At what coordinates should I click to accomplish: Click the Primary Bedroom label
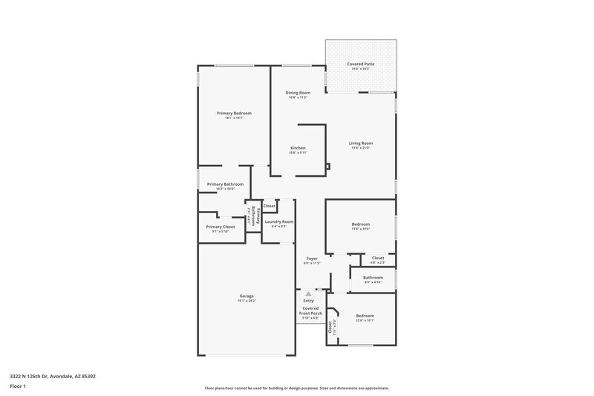coord(234,113)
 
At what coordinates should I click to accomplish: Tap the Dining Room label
coord(298,93)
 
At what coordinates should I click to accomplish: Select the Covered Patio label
coord(361,65)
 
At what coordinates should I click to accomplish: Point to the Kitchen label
coord(298,148)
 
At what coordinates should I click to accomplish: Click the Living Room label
coord(362,143)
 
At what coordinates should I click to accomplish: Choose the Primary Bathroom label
coord(225,184)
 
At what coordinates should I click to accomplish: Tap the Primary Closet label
coord(221,227)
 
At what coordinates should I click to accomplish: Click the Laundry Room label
coord(279,221)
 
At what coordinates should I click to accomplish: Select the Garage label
coord(247,296)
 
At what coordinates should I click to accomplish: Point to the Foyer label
coord(311,259)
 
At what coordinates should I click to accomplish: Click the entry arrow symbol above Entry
coord(309,294)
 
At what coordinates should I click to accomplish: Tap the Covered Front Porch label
coord(310,311)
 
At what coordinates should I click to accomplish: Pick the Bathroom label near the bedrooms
coord(373,277)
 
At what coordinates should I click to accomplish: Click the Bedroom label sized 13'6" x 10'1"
coord(365,315)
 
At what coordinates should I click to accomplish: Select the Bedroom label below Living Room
coord(360,224)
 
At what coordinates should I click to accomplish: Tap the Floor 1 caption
coord(19,386)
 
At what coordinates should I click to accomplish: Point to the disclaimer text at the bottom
coord(296,388)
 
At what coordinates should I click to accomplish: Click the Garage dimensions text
coord(247,300)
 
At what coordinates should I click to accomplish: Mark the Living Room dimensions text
coord(362,147)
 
